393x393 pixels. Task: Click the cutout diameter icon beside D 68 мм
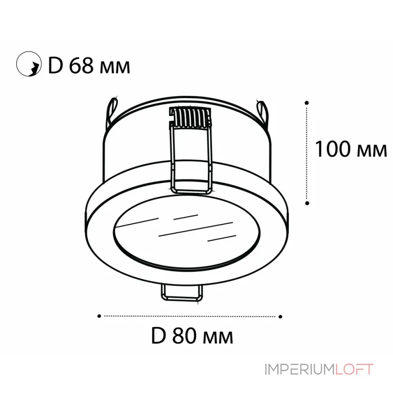[28, 64]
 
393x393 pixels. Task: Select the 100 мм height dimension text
[350, 148]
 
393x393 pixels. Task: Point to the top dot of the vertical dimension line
[307, 103]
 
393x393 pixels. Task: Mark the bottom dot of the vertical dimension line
[307, 202]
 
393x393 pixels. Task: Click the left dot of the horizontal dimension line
[99, 315]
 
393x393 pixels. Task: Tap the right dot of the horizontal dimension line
[281, 315]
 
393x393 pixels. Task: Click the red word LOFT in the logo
[355, 369]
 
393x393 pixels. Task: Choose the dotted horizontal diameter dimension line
[190, 315]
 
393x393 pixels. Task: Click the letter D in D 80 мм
[157, 337]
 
